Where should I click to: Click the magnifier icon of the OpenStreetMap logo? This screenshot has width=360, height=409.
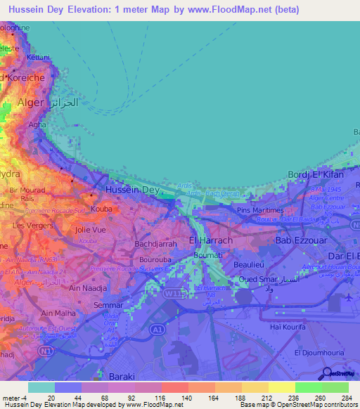326,372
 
